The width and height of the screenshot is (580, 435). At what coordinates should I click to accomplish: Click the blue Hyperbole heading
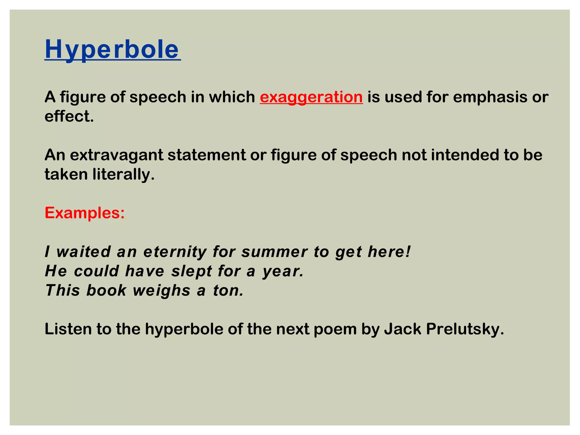[112, 49]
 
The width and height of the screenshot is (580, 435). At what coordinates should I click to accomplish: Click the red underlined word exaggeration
[311, 97]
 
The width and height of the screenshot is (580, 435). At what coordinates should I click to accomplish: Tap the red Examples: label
[84, 213]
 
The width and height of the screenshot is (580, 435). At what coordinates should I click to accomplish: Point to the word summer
[274, 252]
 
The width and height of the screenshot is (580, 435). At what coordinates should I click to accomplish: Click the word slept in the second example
[191, 271]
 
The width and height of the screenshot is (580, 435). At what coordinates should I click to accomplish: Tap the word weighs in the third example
[161, 291]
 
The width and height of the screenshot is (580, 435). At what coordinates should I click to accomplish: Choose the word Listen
[68, 329]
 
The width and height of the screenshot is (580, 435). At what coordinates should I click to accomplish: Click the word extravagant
[116, 155]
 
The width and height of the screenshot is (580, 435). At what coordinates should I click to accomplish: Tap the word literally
[123, 174]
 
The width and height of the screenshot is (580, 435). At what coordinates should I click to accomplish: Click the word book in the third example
[106, 291]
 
